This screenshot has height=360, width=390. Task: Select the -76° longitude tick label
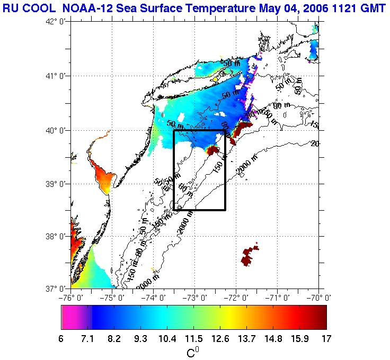(71, 297)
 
